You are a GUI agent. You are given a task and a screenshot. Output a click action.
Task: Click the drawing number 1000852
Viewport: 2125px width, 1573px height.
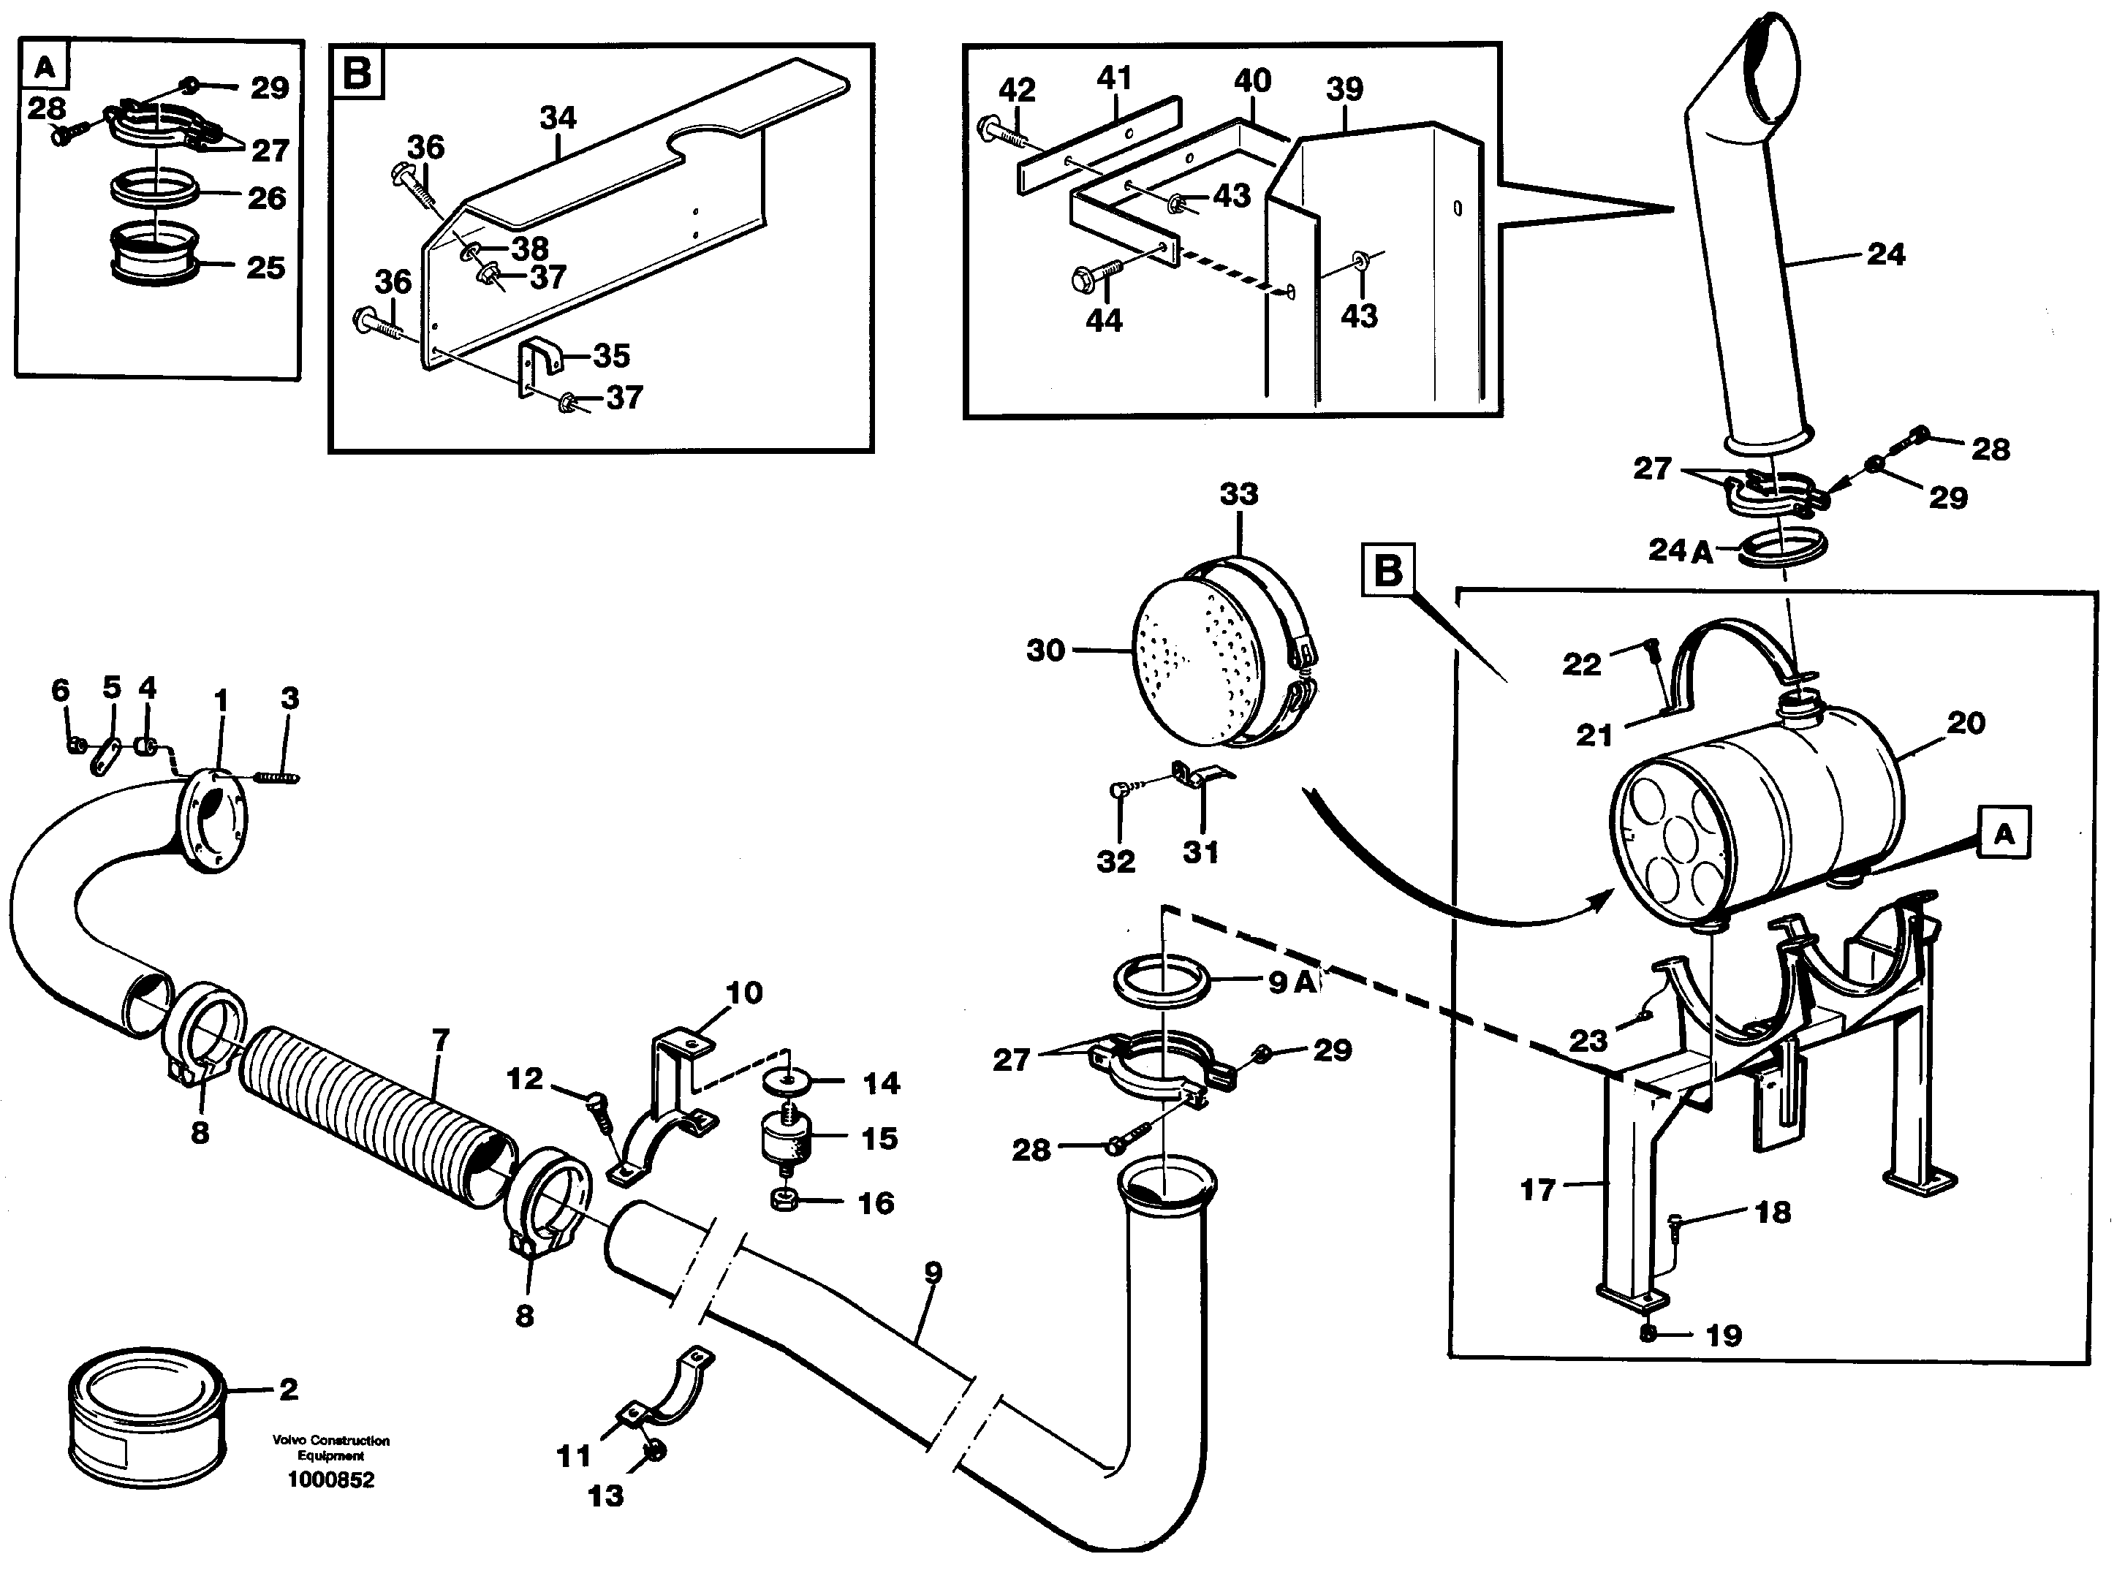click(x=330, y=1479)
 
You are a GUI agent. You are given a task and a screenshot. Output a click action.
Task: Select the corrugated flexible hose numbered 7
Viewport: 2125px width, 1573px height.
click(x=376, y=1117)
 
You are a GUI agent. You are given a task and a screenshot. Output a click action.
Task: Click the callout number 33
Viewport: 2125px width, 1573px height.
click(x=1238, y=494)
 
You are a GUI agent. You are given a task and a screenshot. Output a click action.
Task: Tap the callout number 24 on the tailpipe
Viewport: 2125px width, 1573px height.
click(x=1885, y=254)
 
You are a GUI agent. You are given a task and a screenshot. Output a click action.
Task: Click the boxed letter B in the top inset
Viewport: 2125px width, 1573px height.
click(x=357, y=72)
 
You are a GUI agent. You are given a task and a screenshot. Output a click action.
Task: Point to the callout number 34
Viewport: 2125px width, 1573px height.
click(x=558, y=118)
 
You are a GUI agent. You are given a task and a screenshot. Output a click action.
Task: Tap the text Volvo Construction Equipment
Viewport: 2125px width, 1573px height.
click(x=330, y=1448)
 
